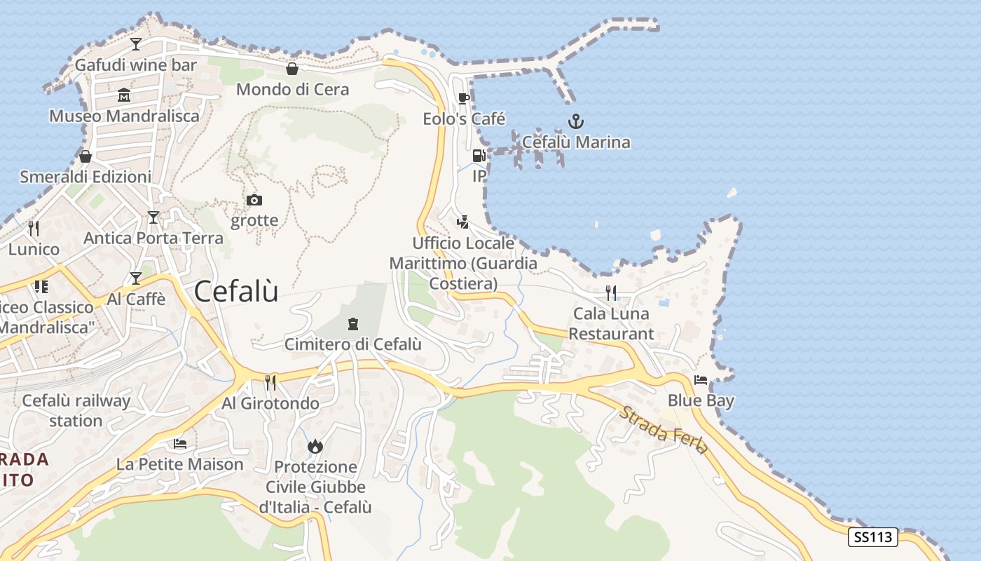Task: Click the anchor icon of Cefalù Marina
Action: coord(575,121)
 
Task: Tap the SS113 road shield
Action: coord(872,537)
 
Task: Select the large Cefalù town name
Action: coord(235,291)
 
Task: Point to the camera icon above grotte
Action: coord(254,201)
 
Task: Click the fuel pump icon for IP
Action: coord(479,156)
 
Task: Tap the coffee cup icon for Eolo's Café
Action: coord(463,98)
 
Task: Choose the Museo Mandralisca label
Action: coord(124,116)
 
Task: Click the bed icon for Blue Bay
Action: coord(700,380)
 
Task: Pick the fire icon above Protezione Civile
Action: coord(315,446)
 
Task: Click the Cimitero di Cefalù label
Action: coord(352,344)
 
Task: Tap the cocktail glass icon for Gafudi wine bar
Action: coord(136,44)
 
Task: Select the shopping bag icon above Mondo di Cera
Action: coord(292,69)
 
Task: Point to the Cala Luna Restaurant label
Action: coord(611,323)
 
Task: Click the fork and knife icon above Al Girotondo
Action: coord(270,382)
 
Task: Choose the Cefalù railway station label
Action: coord(76,411)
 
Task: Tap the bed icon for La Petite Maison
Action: coord(180,444)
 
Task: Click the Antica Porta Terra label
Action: coord(153,238)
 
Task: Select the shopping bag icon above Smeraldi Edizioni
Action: coord(85,156)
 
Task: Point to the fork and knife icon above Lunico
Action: coord(34,228)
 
